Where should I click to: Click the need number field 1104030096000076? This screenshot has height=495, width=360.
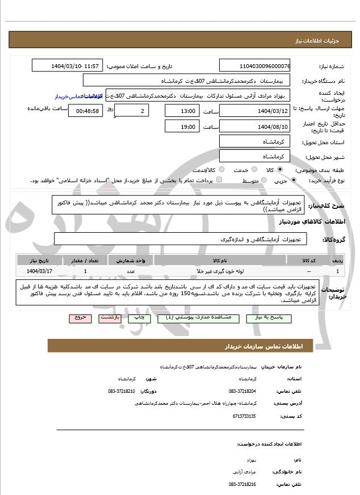tap(255, 66)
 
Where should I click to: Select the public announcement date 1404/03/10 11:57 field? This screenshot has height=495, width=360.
tap(68, 66)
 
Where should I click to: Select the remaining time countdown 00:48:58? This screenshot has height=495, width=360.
tap(86, 111)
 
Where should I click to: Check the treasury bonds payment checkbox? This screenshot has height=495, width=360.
tap(220, 180)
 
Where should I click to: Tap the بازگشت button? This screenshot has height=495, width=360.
tap(110, 318)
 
